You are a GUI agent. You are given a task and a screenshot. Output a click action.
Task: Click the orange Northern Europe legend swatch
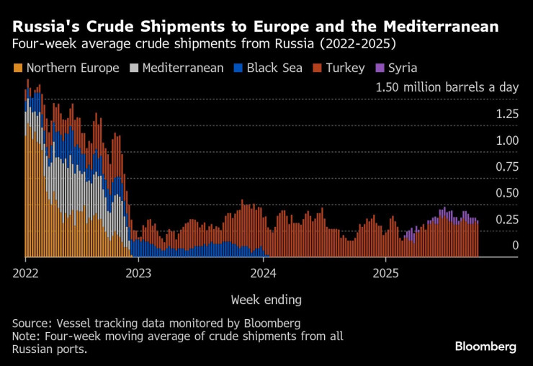(17, 68)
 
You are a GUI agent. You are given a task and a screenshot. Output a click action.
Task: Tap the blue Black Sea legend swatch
(238, 68)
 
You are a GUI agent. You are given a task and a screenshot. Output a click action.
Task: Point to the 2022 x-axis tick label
(25, 273)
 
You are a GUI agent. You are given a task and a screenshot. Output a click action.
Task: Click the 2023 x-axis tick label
(139, 273)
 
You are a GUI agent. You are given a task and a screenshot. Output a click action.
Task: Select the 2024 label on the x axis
(264, 273)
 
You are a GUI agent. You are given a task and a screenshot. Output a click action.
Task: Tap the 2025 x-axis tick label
(385, 273)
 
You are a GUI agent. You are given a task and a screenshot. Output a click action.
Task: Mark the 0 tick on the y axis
(514, 246)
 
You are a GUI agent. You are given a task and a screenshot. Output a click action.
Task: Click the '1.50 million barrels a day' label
(447, 87)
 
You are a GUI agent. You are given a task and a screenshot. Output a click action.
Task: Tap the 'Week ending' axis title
(266, 299)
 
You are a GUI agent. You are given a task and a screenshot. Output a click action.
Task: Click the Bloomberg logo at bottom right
(485, 347)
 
